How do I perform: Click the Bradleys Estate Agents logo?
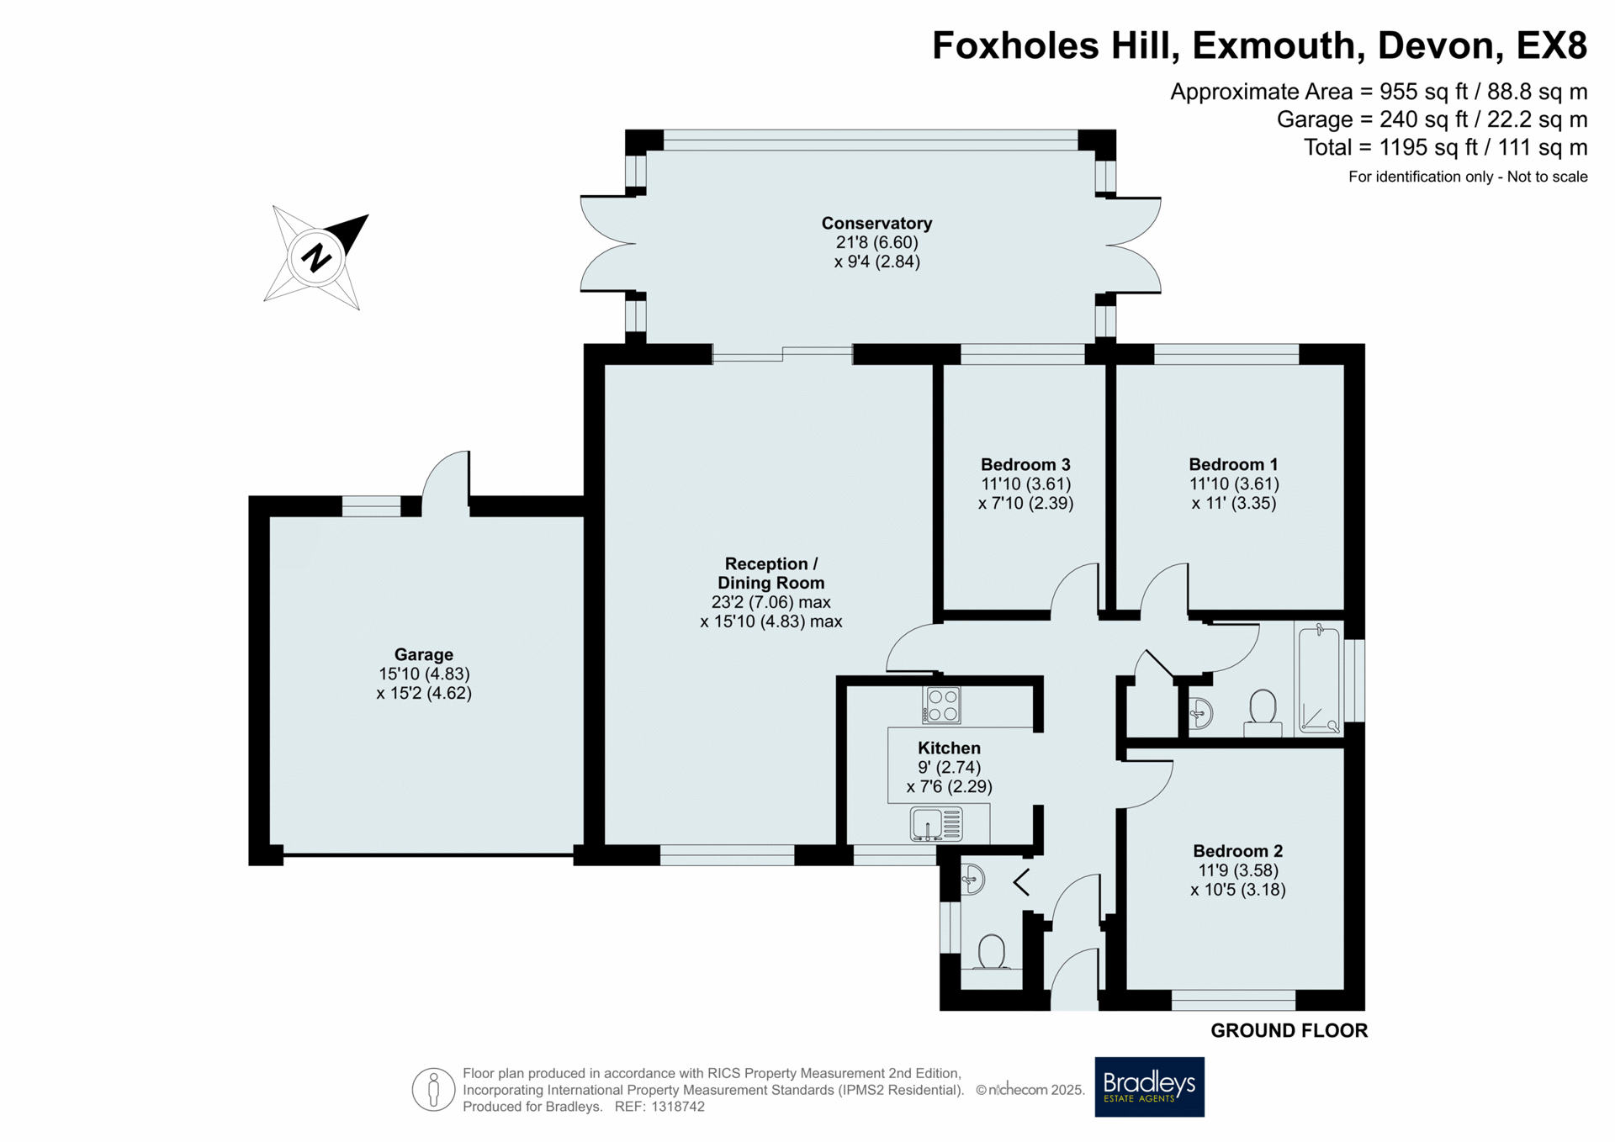1149,1086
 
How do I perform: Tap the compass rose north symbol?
316,256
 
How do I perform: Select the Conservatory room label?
876,223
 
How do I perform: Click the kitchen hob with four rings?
942,705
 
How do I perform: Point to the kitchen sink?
936,824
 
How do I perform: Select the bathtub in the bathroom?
1318,679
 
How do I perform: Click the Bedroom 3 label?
1025,464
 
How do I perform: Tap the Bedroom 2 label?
1238,851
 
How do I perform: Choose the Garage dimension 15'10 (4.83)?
424,674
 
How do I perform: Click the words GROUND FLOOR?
1289,1030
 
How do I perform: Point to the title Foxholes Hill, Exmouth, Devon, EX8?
1259,45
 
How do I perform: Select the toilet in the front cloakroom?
992,954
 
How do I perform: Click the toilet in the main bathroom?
1263,711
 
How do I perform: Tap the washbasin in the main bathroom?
1200,714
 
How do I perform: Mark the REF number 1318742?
659,1107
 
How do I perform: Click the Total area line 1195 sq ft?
1445,147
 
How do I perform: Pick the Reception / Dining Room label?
770,573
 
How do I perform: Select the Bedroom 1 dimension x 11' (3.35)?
1234,503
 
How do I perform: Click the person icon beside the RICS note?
433,1090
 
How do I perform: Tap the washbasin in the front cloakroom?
972,880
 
